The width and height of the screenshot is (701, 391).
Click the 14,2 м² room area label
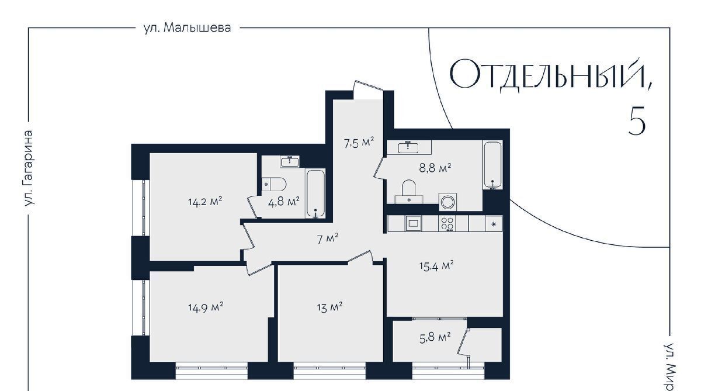click(205, 201)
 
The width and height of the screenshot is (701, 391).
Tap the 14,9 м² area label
click(205, 307)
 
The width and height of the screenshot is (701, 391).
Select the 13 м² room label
click(329, 307)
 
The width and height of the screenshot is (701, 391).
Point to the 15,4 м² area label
click(436, 266)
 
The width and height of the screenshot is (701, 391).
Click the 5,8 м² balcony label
click(435, 337)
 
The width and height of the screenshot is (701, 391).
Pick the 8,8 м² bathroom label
click(435, 168)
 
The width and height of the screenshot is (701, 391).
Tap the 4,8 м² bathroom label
click(284, 201)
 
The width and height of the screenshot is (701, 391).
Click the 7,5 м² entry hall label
click(359, 143)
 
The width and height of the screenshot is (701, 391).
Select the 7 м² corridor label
click(328, 239)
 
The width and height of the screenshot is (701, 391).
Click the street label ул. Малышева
click(187, 28)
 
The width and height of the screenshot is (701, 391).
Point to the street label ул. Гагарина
click(29, 168)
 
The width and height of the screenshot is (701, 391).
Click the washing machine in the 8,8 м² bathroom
click(448, 202)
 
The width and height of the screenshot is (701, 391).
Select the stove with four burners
click(447, 223)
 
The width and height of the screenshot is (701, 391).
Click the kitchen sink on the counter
click(414, 223)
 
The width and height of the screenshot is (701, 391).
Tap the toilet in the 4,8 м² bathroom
click(274, 184)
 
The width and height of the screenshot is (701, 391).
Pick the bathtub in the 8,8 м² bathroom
click(492, 165)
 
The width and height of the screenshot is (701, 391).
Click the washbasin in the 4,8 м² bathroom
click(290, 161)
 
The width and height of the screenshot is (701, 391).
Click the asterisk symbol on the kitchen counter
click(494, 224)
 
